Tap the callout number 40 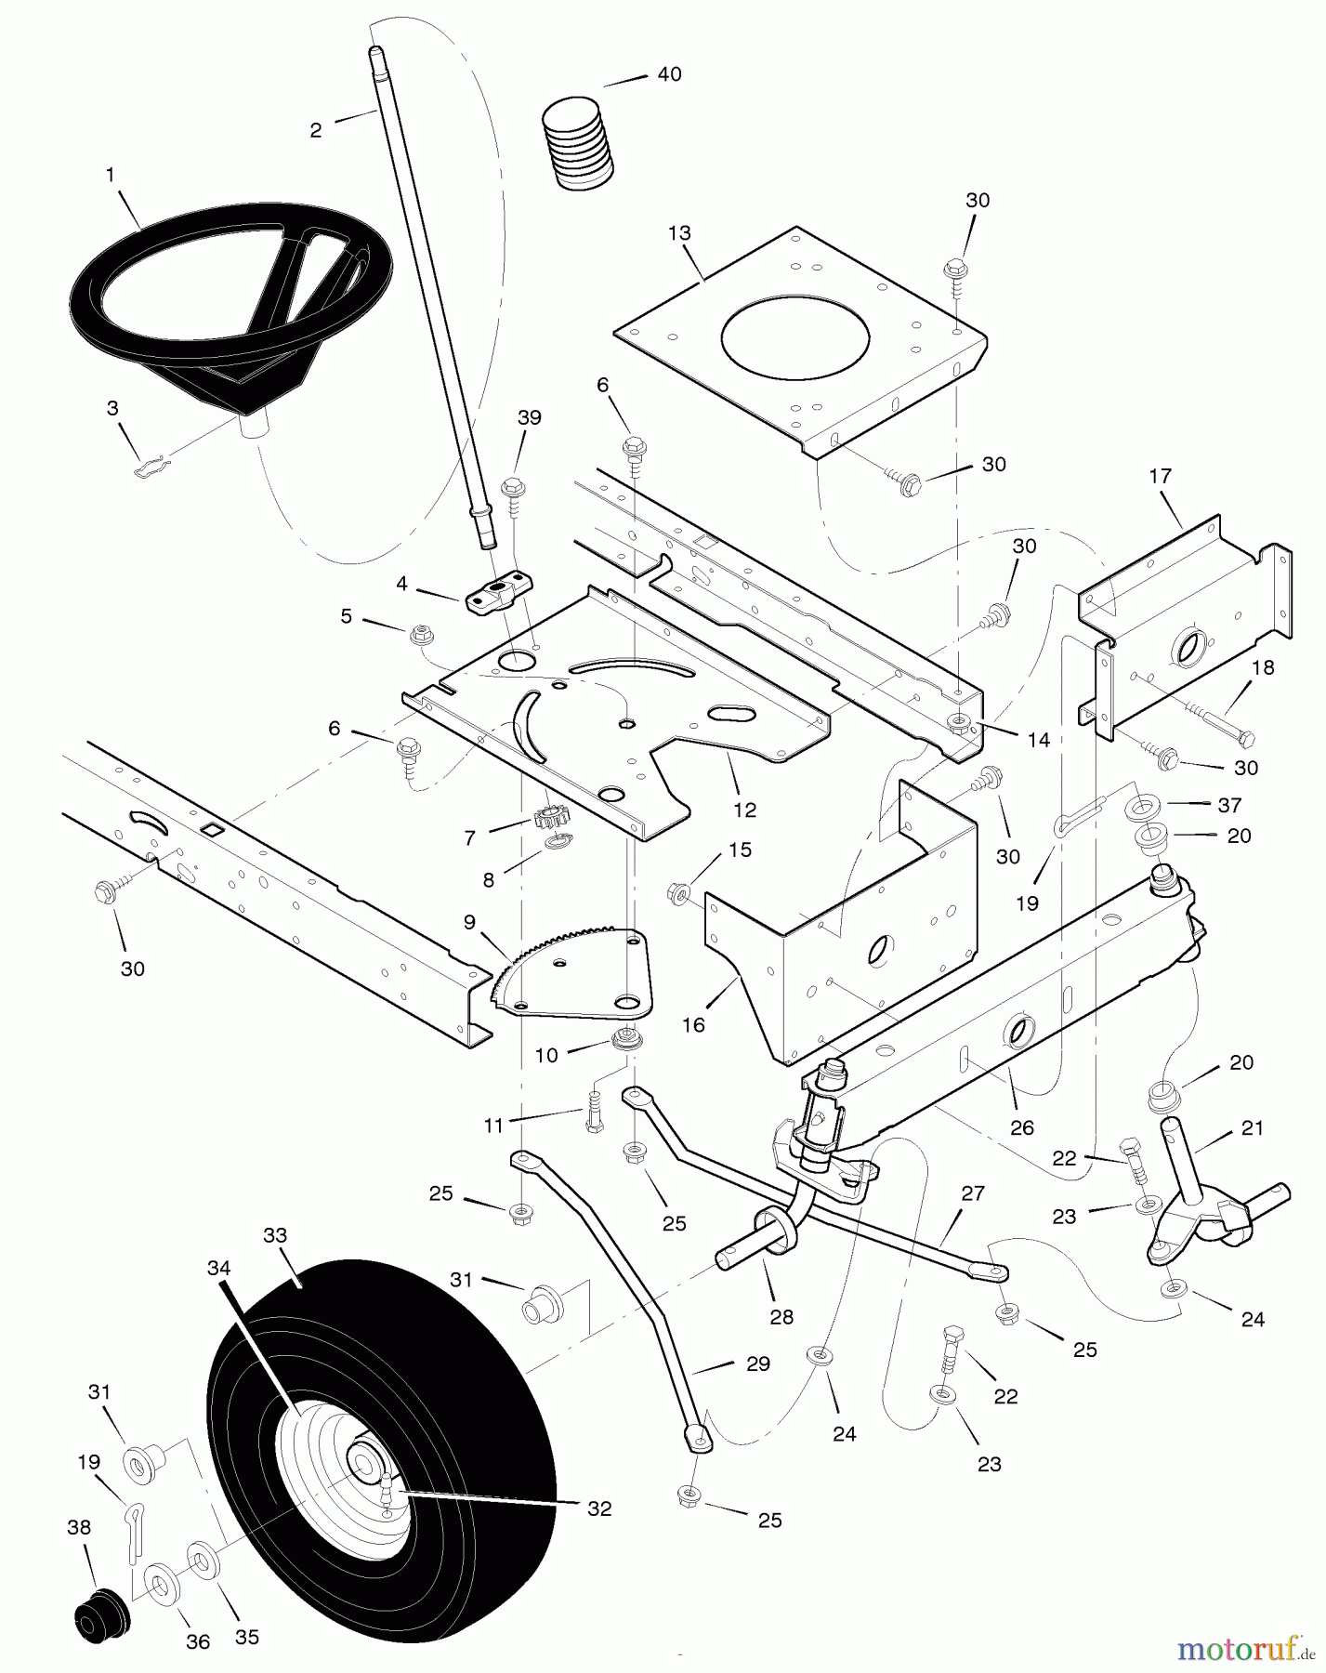[669, 74]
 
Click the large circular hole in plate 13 [795, 336]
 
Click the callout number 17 [1160, 476]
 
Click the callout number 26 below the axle [1021, 1128]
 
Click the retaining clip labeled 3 [149, 469]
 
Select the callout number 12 [744, 810]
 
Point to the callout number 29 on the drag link [757, 1363]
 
